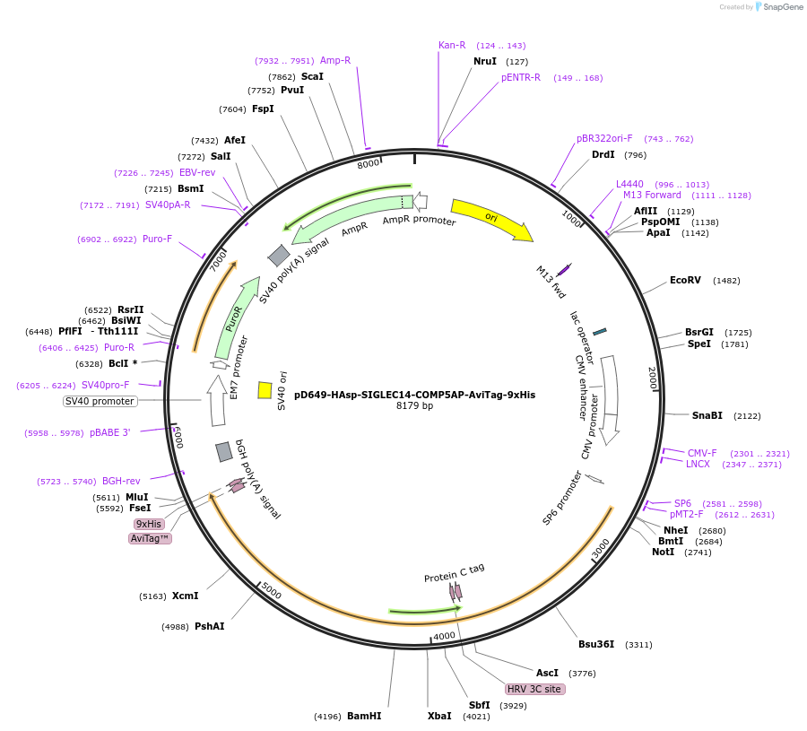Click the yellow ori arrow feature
[490, 219]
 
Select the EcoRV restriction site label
[685, 281]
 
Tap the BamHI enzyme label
[364, 716]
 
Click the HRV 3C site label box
[534, 690]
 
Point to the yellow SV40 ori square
[265, 390]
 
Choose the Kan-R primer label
[452, 45]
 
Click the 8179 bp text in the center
[414, 406]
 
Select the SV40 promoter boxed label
[100, 401]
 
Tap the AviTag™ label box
[151, 538]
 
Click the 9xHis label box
[149, 524]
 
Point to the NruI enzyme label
[485, 62]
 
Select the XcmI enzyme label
[185, 596]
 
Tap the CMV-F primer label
[702, 453]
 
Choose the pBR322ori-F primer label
[604, 139]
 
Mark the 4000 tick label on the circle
[444, 636]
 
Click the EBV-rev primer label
[197, 172]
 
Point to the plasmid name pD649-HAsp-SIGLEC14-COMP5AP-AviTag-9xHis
[414, 394]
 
